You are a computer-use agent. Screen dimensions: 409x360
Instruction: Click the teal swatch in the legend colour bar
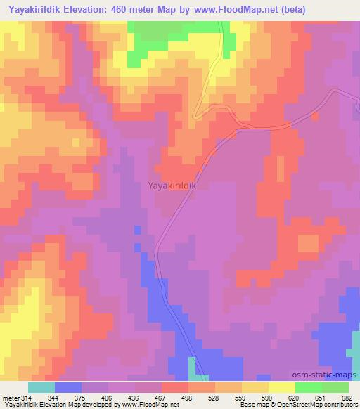pos(41,387)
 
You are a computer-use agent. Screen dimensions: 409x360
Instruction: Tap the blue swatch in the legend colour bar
pos(68,387)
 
